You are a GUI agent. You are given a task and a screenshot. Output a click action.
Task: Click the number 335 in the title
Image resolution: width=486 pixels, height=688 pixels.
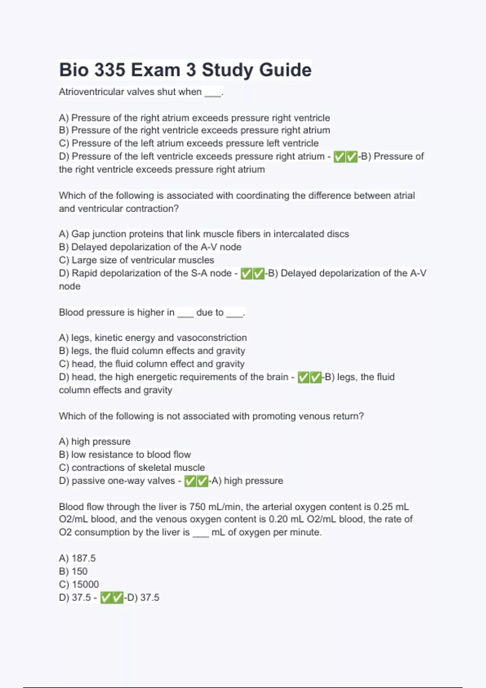(x=110, y=70)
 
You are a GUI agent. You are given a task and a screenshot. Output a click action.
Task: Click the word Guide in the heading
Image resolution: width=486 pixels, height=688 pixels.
(x=285, y=70)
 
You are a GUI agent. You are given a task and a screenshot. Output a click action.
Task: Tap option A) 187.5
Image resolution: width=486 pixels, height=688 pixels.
(x=77, y=558)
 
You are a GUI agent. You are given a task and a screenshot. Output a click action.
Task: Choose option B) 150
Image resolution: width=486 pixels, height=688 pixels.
(x=73, y=571)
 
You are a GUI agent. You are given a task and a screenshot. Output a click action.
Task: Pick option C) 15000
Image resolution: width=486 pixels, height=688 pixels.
(x=79, y=584)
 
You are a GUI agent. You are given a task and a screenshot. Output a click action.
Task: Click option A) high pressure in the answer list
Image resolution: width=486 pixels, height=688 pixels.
(x=95, y=441)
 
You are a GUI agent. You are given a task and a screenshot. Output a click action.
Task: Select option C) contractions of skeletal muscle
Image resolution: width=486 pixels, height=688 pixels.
(x=132, y=467)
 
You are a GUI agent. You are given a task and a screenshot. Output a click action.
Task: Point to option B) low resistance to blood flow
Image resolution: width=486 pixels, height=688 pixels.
(x=125, y=454)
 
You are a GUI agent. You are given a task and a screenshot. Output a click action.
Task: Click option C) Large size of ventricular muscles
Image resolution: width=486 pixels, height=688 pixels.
(x=136, y=260)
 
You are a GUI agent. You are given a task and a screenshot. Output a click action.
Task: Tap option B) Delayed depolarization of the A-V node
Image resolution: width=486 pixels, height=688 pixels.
(x=150, y=247)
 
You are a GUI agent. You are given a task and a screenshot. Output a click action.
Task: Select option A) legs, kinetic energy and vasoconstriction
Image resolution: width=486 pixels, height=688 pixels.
(x=153, y=338)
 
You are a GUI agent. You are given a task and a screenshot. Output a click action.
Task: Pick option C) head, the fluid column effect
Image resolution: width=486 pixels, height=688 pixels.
(x=151, y=364)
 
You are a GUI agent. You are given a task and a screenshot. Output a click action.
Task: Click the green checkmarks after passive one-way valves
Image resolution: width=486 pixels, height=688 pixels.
(x=196, y=481)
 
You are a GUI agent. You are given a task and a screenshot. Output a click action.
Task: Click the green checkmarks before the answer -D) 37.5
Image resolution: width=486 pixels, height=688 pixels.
(x=112, y=597)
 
